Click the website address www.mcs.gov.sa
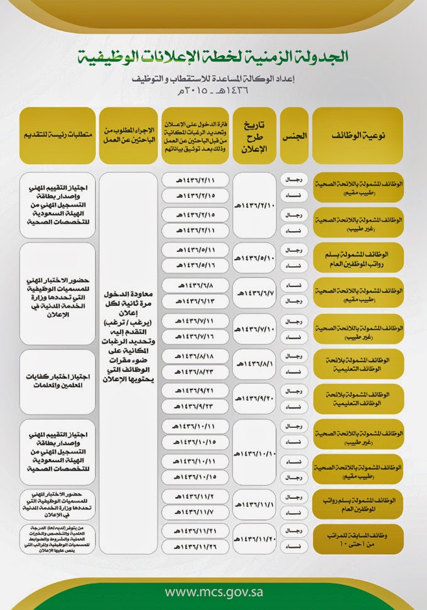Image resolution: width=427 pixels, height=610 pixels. tap(213, 592)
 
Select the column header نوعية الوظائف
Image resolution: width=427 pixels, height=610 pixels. tap(357, 135)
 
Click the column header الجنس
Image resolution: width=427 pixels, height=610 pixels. tap(294, 135)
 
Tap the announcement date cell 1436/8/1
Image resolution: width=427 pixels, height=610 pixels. tap(254, 363)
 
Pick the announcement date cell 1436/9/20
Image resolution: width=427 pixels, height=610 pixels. tap(254, 398)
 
